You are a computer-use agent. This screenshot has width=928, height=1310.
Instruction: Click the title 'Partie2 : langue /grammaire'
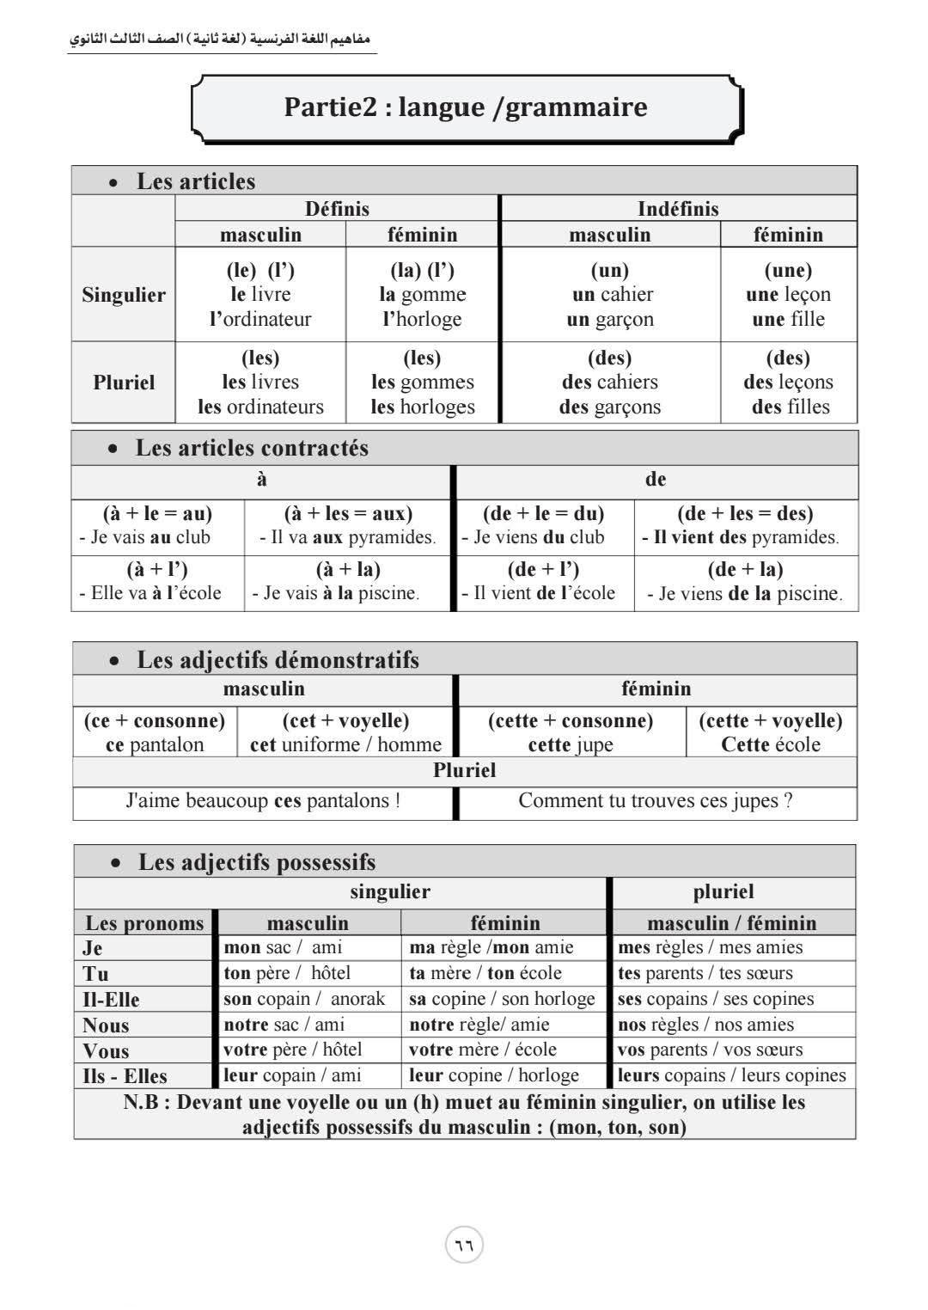point(465,107)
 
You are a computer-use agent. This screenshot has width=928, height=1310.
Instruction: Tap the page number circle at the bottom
point(464,1245)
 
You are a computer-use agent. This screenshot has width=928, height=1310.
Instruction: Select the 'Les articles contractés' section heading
point(251,448)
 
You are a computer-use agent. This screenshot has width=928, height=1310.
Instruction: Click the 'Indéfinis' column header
point(678,209)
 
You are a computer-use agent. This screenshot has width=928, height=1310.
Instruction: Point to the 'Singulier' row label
point(124,295)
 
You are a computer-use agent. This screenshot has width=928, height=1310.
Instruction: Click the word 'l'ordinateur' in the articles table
point(260,320)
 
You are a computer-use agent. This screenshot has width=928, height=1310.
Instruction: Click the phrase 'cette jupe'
point(571,745)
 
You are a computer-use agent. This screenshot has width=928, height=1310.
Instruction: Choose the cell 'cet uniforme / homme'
point(345,744)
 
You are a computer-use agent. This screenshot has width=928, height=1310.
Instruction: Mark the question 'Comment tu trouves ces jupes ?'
point(656,801)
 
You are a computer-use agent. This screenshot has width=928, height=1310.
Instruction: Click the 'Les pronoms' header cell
point(144,923)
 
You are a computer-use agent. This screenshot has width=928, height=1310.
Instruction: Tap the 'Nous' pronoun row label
point(106,1025)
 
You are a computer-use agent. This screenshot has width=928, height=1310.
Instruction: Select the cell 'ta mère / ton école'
point(485,973)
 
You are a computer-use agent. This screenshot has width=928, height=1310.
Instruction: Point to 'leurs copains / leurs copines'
point(731,1075)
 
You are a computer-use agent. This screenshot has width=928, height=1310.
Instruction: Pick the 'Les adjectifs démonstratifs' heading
point(278,660)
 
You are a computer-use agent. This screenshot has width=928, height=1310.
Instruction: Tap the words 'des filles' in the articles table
point(791,407)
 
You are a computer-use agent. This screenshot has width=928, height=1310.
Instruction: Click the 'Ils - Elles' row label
point(125,1076)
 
